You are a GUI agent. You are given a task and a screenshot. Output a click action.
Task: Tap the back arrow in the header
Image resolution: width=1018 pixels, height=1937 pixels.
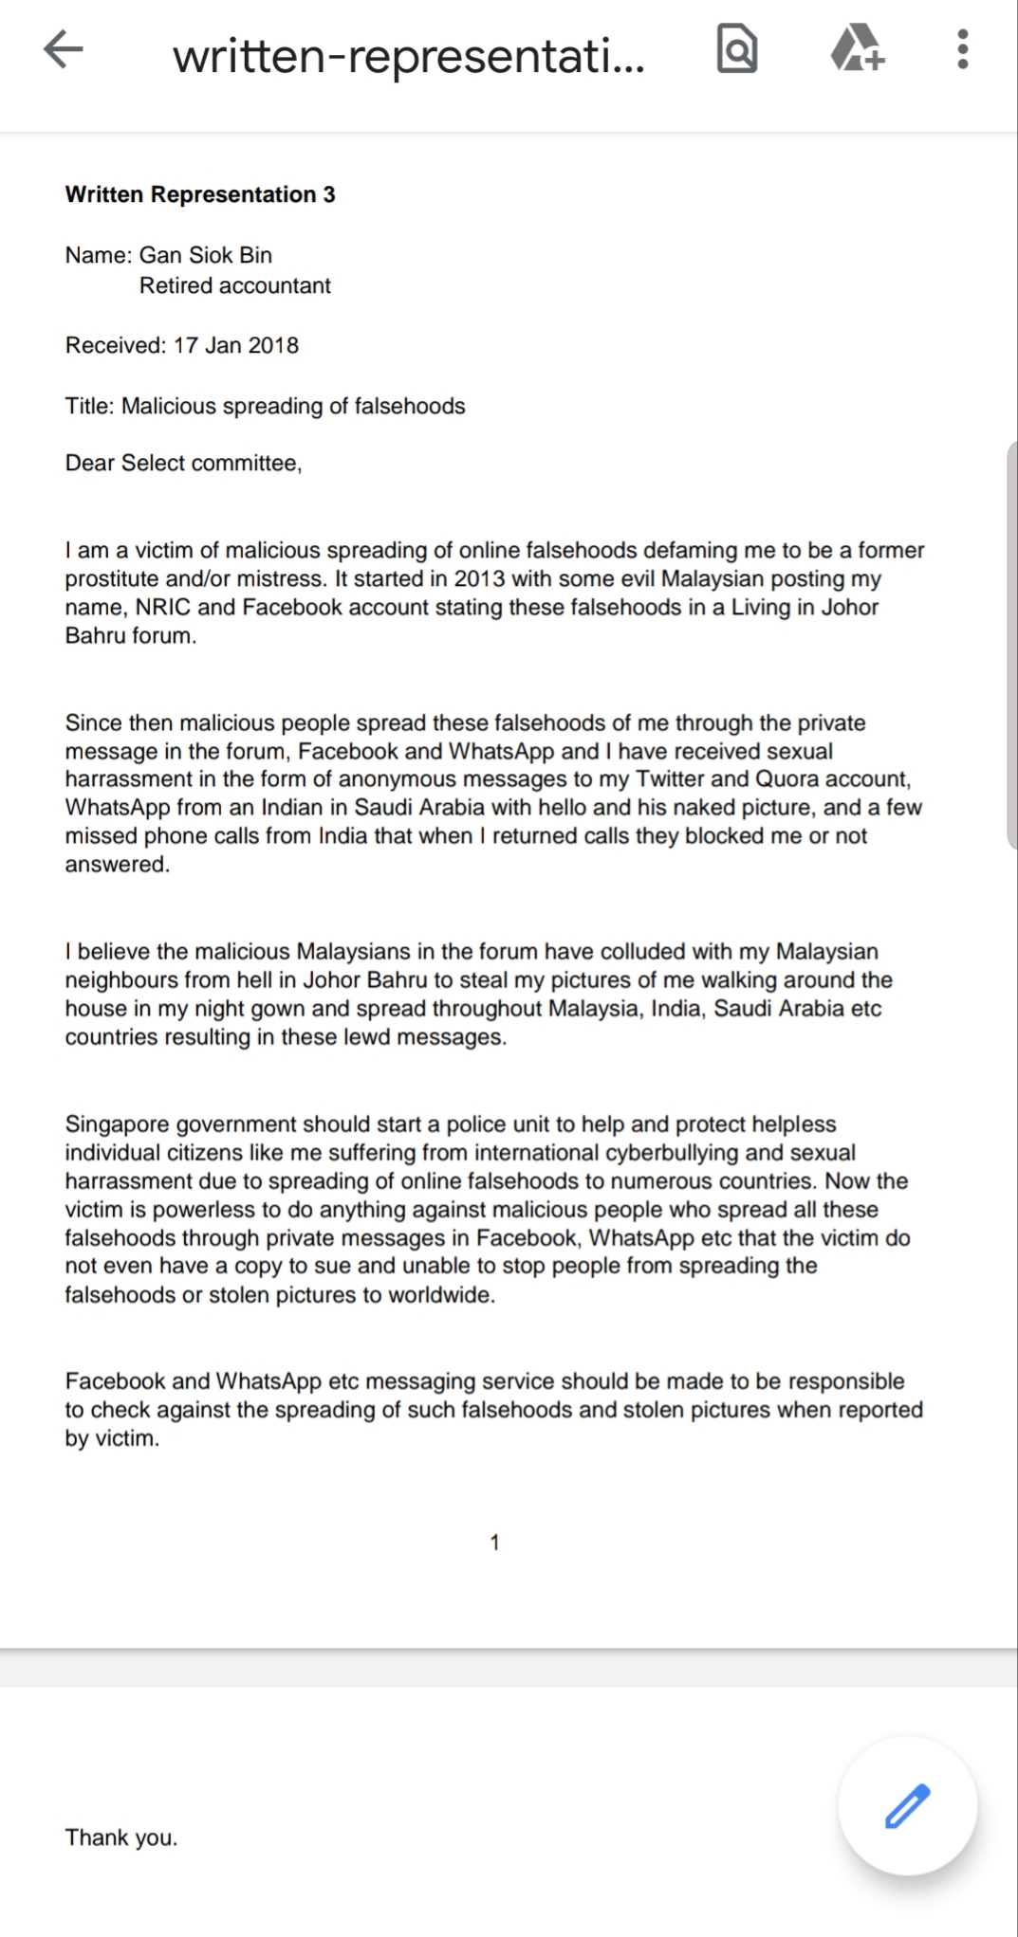tap(63, 50)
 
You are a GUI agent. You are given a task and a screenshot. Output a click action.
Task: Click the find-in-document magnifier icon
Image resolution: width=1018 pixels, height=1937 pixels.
tap(737, 50)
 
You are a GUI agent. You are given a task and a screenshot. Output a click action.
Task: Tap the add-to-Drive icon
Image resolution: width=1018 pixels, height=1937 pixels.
tap(858, 49)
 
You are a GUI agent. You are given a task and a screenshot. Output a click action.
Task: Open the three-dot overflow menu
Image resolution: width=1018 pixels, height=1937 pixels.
tap(962, 49)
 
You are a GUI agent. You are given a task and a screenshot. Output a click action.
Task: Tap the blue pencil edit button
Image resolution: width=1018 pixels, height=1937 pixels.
tap(907, 1805)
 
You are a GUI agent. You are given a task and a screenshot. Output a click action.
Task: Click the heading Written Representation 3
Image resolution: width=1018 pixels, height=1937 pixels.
tap(200, 194)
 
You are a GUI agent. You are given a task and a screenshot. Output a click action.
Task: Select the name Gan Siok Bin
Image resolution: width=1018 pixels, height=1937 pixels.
tap(206, 255)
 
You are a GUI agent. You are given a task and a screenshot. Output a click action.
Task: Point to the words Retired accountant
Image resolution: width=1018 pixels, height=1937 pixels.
tap(234, 285)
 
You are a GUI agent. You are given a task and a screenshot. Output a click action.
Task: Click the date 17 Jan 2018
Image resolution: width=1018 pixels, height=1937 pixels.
tap(235, 345)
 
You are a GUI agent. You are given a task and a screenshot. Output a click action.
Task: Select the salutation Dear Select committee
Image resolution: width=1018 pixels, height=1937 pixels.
tap(183, 463)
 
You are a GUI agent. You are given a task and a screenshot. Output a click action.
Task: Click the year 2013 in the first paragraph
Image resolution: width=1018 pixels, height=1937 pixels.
tap(479, 578)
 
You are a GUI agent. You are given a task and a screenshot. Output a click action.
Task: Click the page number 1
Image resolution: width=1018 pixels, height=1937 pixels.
tap(494, 1543)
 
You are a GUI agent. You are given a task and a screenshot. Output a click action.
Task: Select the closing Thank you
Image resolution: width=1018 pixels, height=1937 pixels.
tap(120, 1837)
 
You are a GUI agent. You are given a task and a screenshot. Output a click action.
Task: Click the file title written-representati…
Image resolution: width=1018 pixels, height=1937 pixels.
tap(409, 55)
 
